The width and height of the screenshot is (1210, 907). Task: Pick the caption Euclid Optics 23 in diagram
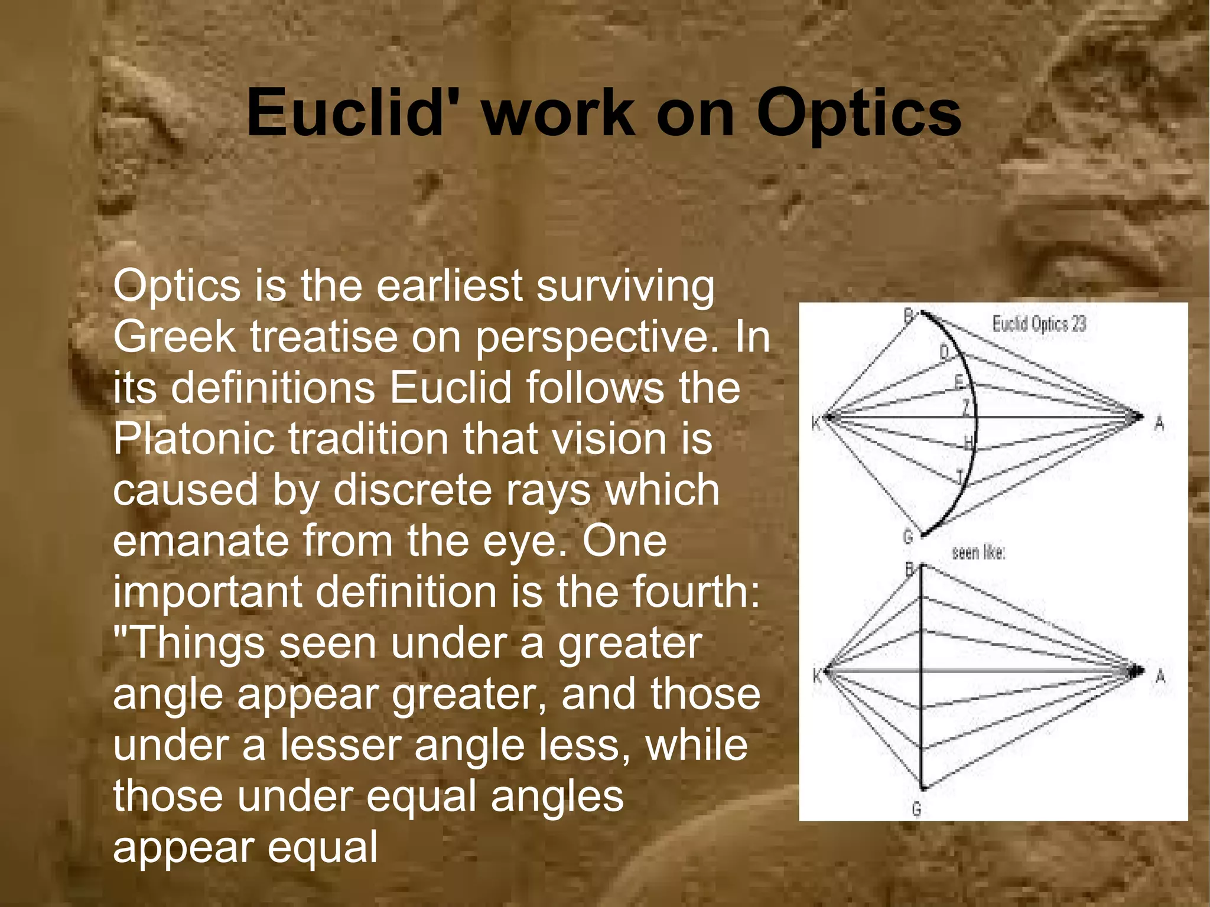pyautogui.click(x=1039, y=324)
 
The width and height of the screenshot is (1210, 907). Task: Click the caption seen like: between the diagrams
pyautogui.click(x=978, y=553)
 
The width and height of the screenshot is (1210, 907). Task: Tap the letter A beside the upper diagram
pyautogui.click(x=1159, y=423)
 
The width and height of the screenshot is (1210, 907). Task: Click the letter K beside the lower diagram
pyautogui.click(x=817, y=675)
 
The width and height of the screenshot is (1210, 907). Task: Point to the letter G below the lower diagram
pyautogui.click(x=916, y=808)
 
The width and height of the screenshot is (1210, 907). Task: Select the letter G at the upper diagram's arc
pyautogui.click(x=908, y=537)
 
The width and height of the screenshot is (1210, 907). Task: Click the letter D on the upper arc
pyautogui.click(x=944, y=352)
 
